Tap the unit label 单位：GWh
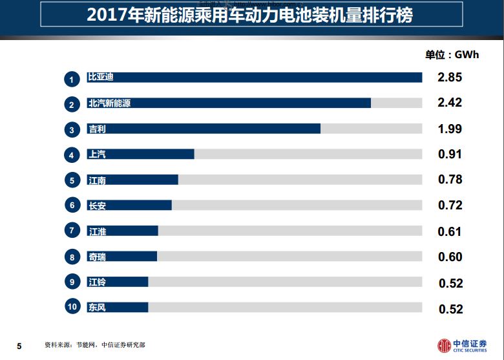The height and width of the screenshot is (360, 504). [x=452, y=55]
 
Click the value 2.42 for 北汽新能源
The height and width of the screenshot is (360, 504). [x=450, y=103]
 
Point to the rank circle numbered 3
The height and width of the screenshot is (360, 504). [x=72, y=130]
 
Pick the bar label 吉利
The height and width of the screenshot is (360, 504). [x=96, y=129]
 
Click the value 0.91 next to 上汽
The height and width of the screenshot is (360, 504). [x=450, y=154]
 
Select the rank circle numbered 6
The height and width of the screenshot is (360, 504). [x=72, y=206]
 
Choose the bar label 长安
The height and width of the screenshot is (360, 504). [x=96, y=206]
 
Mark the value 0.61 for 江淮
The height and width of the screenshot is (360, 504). [x=450, y=231]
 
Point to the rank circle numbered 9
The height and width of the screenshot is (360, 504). [x=72, y=282]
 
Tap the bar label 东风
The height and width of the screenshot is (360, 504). [x=96, y=308]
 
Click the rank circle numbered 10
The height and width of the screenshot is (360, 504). [x=72, y=308]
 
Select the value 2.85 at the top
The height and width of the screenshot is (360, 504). [x=450, y=78]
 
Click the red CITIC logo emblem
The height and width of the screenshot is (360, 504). [x=445, y=346]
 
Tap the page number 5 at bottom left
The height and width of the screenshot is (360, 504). [x=19, y=346]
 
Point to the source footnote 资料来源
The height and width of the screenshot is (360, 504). [x=94, y=345]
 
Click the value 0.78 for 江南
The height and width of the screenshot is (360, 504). [x=450, y=180]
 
